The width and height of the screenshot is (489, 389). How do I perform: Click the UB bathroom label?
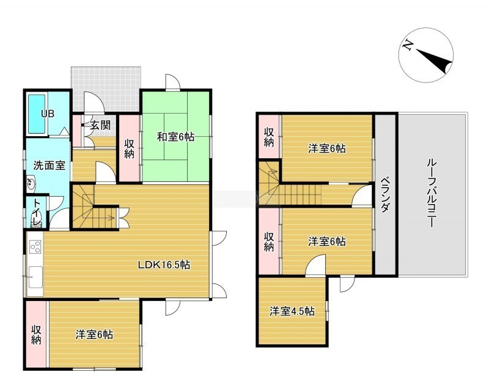pos(48,114)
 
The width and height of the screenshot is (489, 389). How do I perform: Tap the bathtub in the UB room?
pos(37,114)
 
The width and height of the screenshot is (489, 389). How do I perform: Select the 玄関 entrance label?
pos(100,125)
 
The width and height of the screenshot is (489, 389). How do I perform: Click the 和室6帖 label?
pos(175,137)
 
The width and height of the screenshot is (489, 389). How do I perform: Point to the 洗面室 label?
pos(50,165)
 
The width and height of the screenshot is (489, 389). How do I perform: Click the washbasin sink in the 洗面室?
pos(31,184)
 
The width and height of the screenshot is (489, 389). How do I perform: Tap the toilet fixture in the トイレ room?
pos(36,222)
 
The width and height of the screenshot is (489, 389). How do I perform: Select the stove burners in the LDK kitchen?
pos(35,247)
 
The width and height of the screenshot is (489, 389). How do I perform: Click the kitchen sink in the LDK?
pos(35,277)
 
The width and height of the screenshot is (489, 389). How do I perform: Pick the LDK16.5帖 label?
pos(164,265)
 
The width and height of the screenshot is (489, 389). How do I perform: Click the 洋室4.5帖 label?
pos(292,311)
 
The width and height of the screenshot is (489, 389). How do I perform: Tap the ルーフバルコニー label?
pos(431,193)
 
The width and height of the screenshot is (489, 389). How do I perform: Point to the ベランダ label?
pos(386,195)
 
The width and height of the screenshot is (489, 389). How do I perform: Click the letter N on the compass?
pos(406,45)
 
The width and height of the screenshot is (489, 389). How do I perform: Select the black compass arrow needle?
pos(434,59)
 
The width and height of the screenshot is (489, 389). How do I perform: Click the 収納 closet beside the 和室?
pos(129,148)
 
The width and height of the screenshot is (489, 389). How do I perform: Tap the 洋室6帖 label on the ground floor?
pos(94,335)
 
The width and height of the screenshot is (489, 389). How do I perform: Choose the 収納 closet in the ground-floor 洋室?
pos(36,334)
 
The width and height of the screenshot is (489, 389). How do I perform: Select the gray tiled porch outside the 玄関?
pos(106,89)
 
